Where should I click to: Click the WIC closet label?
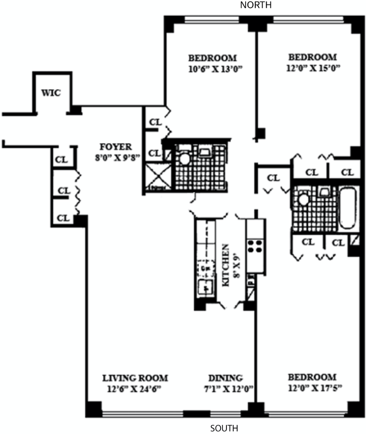point(51,92)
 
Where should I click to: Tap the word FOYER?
point(116,147)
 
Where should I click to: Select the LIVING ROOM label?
point(135,378)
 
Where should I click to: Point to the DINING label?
point(225,378)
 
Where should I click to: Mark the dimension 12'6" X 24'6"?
point(135,389)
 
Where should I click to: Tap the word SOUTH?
point(224,429)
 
